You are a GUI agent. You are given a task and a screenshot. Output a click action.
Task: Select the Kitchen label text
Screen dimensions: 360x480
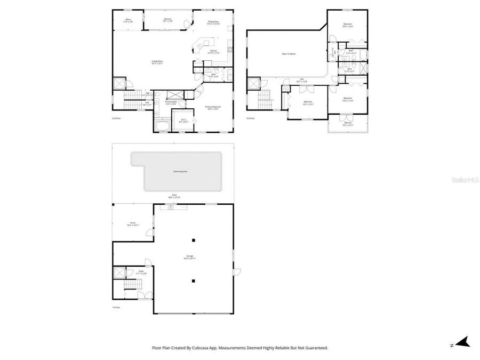click(213, 52)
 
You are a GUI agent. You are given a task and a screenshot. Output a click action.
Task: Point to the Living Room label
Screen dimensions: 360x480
click(156, 62)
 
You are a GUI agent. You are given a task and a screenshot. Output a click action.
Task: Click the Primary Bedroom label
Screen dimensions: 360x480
click(213, 107)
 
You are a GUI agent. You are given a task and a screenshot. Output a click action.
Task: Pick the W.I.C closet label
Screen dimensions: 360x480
click(183, 120)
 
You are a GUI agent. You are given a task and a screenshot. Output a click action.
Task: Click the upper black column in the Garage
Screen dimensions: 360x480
click(194, 239)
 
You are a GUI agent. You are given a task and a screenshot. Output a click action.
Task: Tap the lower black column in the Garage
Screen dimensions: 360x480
click(194, 281)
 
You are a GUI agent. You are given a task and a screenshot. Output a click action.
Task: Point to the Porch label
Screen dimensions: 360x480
click(133, 224)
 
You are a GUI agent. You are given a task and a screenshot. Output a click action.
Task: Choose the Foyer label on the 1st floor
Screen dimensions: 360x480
click(141, 272)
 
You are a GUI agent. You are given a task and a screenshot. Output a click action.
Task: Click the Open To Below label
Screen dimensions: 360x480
click(289, 54)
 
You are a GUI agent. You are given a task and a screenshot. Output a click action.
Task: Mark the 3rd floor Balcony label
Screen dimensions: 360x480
click(348, 123)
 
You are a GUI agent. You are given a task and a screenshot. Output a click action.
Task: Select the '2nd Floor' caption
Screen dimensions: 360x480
click(116, 118)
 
